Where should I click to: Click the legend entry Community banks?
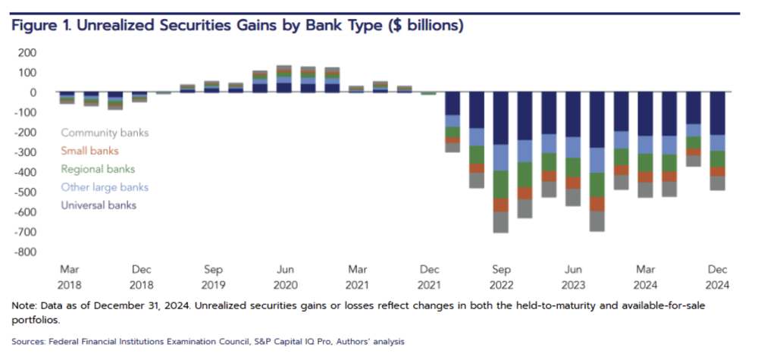tap(105, 133)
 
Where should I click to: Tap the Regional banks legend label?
tap(98, 169)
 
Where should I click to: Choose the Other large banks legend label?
tap(105, 187)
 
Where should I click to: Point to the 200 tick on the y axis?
tap(27, 52)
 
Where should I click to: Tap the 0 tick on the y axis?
tap(33, 92)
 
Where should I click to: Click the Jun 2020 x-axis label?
tap(285, 277)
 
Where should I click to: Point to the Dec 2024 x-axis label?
tap(716, 277)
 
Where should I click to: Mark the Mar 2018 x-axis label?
tap(69, 277)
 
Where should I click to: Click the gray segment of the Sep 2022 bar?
tap(500, 222)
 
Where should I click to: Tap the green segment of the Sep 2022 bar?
tap(500, 184)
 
